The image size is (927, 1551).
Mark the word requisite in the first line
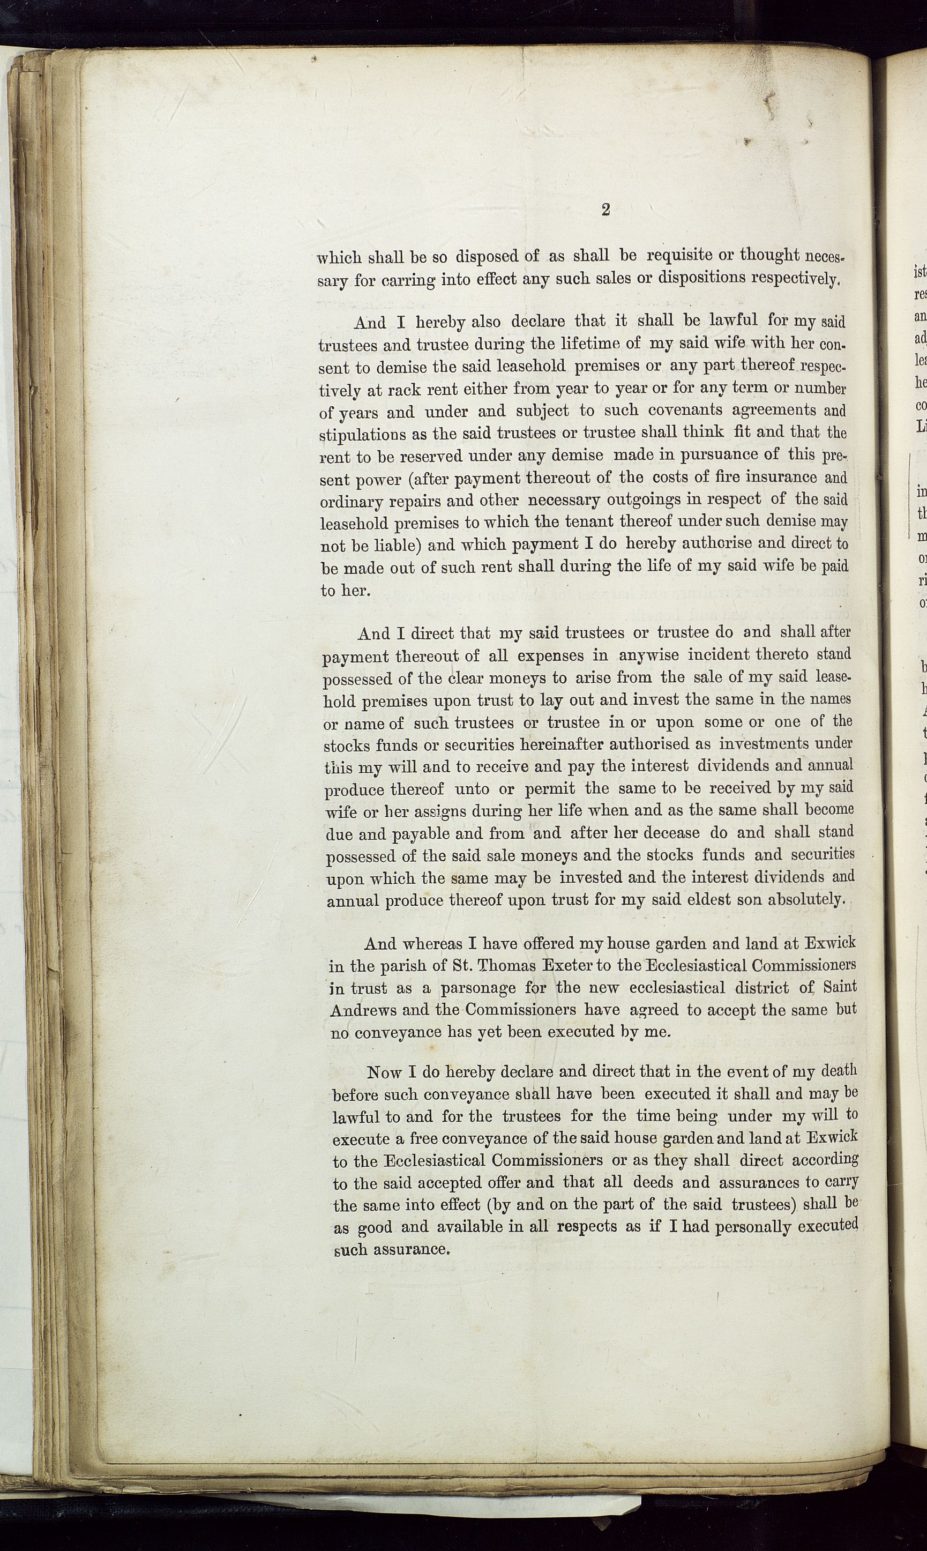coord(682,256)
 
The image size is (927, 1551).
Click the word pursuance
coord(704,455)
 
